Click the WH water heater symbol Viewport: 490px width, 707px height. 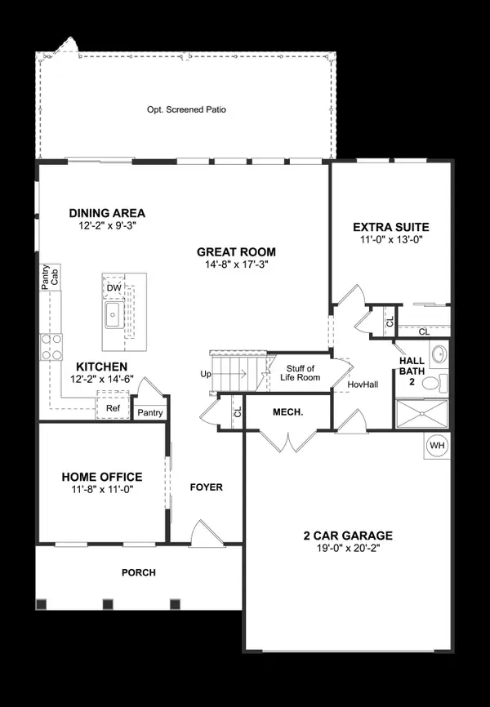[437, 446]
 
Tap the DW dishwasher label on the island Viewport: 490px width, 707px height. [113, 287]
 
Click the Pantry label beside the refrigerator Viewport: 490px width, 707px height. [150, 413]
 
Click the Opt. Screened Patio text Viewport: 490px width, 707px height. [185, 108]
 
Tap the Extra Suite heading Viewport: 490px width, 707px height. [390, 226]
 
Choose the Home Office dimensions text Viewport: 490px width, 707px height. [102, 491]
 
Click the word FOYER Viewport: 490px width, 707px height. [206, 487]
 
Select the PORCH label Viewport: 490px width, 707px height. [138, 572]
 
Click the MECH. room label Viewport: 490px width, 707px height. [288, 412]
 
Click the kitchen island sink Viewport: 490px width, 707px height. [112, 315]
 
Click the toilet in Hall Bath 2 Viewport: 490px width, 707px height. [437, 382]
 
